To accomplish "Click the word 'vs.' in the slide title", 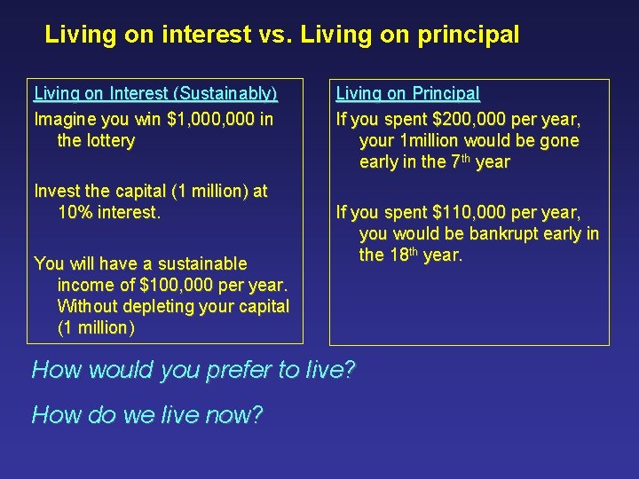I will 276,35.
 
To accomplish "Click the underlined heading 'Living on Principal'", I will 407,93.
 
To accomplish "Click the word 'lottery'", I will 109,140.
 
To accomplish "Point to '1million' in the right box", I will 430,140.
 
